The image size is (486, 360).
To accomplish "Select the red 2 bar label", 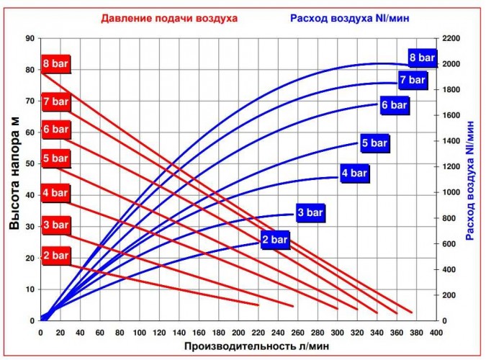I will [x=55, y=256].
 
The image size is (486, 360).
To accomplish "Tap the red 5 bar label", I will [x=55, y=159].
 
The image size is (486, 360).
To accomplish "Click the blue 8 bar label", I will [x=422, y=58].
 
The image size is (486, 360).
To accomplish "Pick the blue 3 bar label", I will [x=310, y=212].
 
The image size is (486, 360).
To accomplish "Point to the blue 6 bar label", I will [x=394, y=105].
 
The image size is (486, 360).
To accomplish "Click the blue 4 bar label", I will [x=354, y=173].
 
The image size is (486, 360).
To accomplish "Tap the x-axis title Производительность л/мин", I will [x=238, y=347].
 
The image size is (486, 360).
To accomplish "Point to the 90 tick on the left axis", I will [x=30, y=38].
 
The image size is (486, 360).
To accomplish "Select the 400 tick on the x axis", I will [x=435, y=333].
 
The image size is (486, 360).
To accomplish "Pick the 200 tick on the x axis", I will [x=238, y=333].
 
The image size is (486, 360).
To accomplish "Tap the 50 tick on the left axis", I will [x=30, y=163].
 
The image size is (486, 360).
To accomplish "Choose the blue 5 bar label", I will [x=374, y=143].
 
